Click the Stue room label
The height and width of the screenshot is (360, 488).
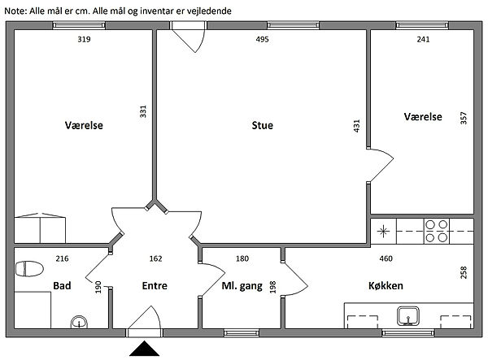point(263,125)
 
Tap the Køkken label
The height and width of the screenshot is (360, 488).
point(386,286)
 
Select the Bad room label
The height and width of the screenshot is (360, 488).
point(62,286)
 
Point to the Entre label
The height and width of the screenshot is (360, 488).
point(155,286)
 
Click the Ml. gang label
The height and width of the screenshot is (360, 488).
point(242,286)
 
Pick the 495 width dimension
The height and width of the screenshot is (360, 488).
point(262,39)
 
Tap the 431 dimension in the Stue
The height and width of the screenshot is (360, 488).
point(357,126)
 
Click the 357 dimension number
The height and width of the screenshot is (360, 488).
point(464,118)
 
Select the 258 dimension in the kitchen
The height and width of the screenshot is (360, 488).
point(464,272)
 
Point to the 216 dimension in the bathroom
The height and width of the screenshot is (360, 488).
point(63,258)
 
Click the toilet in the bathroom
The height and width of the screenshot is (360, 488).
point(29,269)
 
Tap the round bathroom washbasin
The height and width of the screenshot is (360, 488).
point(79,322)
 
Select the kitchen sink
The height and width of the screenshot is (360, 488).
point(408,316)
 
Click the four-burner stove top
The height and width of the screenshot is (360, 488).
point(436,231)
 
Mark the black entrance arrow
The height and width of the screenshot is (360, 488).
point(145,348)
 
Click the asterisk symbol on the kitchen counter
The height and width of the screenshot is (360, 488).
point(383,232)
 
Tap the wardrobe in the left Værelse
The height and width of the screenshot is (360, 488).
point(40,228)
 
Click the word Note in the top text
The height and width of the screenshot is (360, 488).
point(15,11)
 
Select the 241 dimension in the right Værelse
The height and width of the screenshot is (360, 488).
point(423,39)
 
